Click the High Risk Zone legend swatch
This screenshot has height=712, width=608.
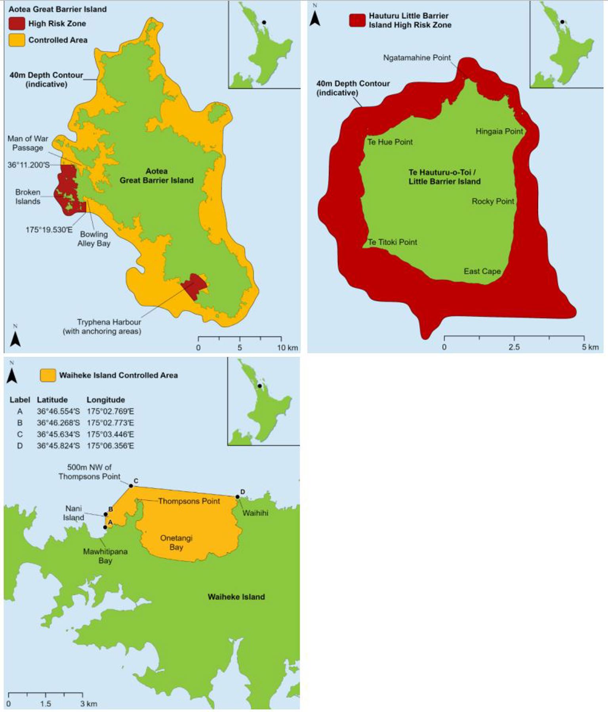[17, 24]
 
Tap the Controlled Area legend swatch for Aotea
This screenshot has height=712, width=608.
[17, 40]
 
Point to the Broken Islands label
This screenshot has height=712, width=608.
[28, 197]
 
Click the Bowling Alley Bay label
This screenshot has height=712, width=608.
[94, 239]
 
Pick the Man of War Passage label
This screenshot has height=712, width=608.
[28, 143]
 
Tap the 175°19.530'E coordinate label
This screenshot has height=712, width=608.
[49, 230]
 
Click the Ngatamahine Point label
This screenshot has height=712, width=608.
[417, 58]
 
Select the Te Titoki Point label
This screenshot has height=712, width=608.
[393, 242]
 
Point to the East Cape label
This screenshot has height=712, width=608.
[482, 272]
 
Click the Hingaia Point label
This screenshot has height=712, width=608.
[499, 131]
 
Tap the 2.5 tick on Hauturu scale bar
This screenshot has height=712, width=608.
[514, 347]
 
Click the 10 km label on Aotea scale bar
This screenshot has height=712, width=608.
[287, 348]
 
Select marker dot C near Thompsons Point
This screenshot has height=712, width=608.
[131, 486]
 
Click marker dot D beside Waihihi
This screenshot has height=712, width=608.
[238, 497]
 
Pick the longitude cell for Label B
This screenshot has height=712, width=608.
[111, 423]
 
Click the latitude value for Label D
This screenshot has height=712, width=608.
[58, 446]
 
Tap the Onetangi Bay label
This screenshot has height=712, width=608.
[176, 543]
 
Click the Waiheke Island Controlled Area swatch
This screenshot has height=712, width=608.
[48, 376]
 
